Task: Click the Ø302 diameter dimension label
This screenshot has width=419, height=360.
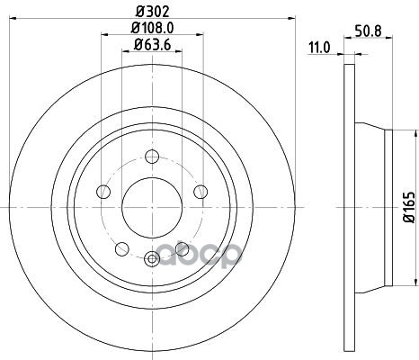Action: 153,12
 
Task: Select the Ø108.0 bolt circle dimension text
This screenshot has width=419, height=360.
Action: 153,28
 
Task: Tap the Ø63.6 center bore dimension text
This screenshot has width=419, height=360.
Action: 153,45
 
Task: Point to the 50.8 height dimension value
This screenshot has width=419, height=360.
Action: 369,31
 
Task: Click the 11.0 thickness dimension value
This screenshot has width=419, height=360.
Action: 319,48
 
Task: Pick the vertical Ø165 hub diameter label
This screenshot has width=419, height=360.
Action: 409,207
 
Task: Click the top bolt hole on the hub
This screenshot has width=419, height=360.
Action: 152,157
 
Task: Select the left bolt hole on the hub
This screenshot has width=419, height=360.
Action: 103,192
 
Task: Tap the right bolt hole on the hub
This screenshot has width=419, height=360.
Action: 201,192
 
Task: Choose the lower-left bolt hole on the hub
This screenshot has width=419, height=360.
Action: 122,249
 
